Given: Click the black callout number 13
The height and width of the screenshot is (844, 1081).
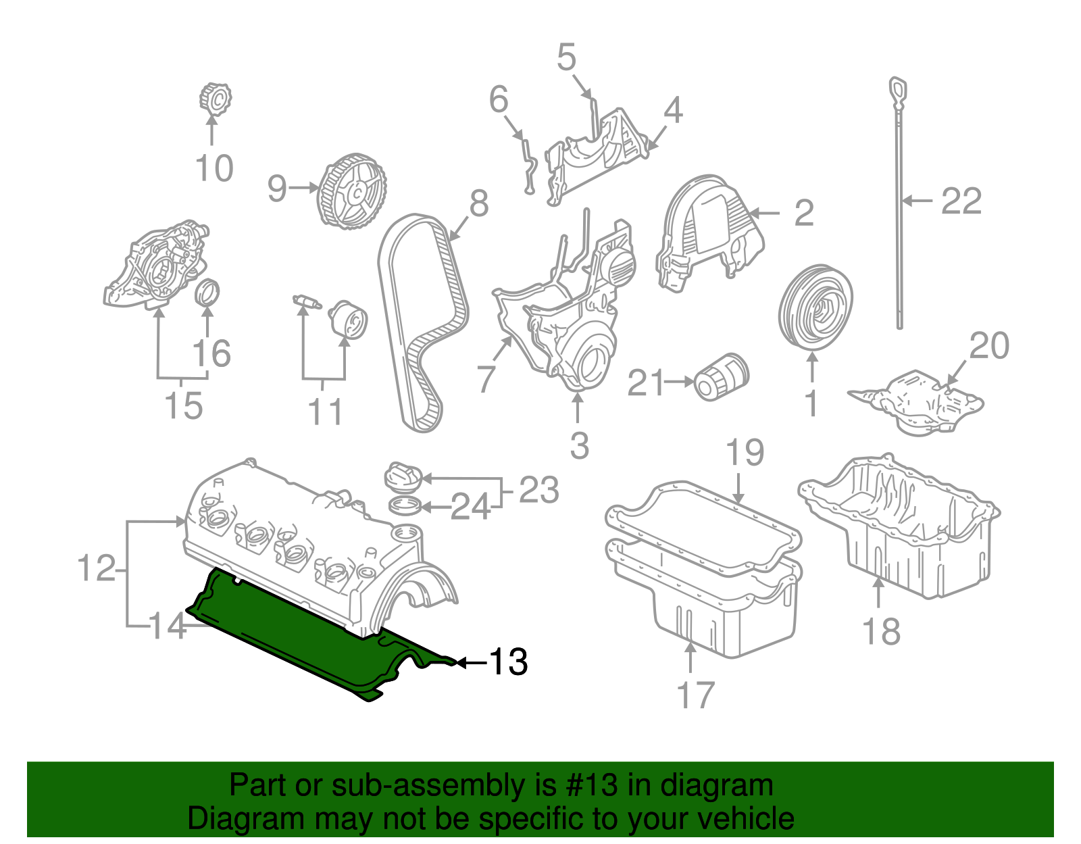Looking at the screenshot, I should [x=508, y=662].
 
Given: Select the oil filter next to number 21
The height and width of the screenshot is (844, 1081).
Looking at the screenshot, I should [x=722, y=376].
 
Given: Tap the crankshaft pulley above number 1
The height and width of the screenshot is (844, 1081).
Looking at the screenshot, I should [x=815, y=308].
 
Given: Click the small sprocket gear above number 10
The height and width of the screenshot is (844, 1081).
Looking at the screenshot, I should [x=216, y=100].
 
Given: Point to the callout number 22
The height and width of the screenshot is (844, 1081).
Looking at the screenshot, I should [x=961, y=201].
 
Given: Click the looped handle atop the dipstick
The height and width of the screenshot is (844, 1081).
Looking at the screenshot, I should [x=897, y=91].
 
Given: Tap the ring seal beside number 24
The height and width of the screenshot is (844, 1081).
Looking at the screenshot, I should [x=405, y=505].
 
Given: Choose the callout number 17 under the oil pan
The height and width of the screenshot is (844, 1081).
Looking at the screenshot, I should [x=695, y=695].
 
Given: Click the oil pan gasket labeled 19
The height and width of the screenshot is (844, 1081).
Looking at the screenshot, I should [x=703, y=527].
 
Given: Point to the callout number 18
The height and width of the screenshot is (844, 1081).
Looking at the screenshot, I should [x=881, y=632].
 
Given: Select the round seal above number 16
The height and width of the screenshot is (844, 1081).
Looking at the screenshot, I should [x=207, y=292].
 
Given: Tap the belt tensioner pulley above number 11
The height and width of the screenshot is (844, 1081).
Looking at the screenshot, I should [x=348, y=320].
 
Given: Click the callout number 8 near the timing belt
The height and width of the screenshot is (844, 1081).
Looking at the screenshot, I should [x=478, y=203].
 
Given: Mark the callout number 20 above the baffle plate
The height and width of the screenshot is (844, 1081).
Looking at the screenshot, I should [x=989, y=346].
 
